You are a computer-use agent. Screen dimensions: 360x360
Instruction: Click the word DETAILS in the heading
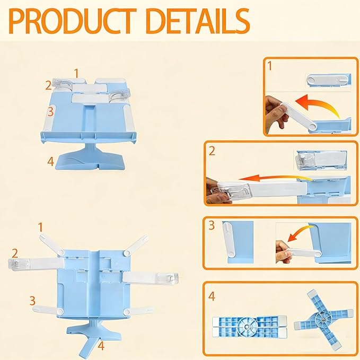coord(198,21)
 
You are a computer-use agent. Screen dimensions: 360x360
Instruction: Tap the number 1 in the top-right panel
coord(270,66)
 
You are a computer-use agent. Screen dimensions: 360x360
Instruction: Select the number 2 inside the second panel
coord(212,151)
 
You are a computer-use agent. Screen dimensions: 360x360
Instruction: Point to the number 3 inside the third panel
coord(212,225)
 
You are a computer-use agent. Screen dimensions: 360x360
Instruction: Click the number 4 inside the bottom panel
coord(212,296)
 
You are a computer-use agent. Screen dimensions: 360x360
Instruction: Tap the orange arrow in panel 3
coord(298,233)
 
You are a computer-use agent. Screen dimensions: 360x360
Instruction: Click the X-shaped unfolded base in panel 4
coord(323,319)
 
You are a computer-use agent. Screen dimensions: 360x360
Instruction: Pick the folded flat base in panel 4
coord(250,327)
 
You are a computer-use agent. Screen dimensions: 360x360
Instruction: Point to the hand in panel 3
coord(284,252)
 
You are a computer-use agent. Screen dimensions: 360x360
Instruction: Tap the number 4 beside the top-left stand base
coord(51,161)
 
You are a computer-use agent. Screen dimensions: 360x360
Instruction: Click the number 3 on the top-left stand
coord(50,111)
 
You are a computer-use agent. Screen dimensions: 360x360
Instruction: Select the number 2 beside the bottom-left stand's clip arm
coord(15,253)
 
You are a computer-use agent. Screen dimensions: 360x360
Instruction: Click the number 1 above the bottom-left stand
coord(40,227)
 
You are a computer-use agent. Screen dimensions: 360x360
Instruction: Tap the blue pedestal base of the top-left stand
coord(91,159)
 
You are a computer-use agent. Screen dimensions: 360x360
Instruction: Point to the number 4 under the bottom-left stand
coord(101,346)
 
